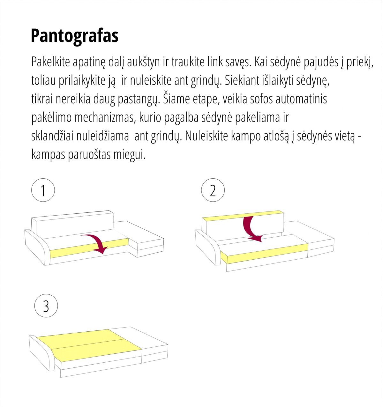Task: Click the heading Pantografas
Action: click(x=74, y=36)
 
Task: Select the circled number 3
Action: click(x=46, y=306)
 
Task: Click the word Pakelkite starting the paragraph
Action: click(x=50, y=62)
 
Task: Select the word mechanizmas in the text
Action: click(x=105, y=118)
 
